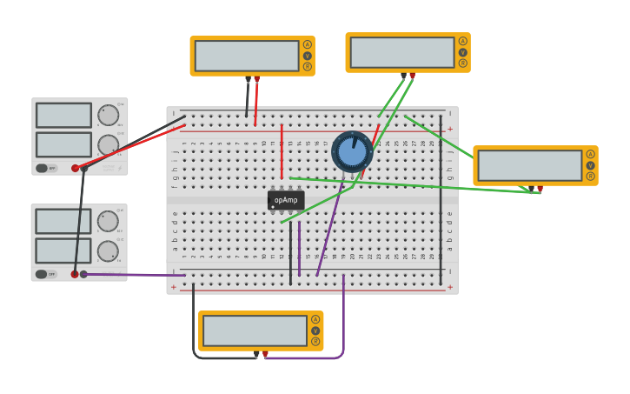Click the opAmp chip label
click(x=286, y=200)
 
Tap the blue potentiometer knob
click(x=352, y=151)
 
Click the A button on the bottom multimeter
click(x=315, y=319)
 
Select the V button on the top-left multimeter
click(x=307, y=56)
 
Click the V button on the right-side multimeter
click(x=590, y=165)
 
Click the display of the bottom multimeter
click(x=255, y=331)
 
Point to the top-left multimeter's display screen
click(x=247, y=56)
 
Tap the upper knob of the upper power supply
click(x=108, y=115)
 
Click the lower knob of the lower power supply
click(x=108, y=251)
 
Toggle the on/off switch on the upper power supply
click(x=43, y=168)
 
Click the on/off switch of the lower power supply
click(x=43, y=274)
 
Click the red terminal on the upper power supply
click(x=76, y=168)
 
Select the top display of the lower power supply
click(x=63, y=221)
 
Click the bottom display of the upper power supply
click(x=63, y=144)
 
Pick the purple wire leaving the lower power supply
click(x=130, y=275)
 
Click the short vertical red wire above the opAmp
click(x=282, y=152)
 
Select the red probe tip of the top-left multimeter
click(x=256, y=80)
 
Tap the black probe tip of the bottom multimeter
click(x=256, y=355)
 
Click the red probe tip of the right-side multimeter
click(x=540, y=189)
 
